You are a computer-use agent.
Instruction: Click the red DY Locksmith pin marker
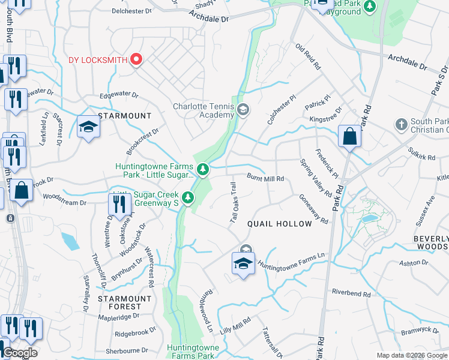click(x=136, y=59)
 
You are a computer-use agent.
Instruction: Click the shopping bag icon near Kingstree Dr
click(x=349, y=137)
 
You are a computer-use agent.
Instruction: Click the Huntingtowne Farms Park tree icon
click(x=203, y=170)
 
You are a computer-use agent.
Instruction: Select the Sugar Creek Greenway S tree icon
click(x=188, y=197)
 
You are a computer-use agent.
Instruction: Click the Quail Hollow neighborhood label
click(x=280, y=224)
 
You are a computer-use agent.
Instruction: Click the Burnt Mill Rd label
click(x=265, y=178)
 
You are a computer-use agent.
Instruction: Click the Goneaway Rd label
click(x=313, y=209)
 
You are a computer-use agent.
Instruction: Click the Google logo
click(x=20, y=352)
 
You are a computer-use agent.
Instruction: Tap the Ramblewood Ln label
click(x=207, y=316)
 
